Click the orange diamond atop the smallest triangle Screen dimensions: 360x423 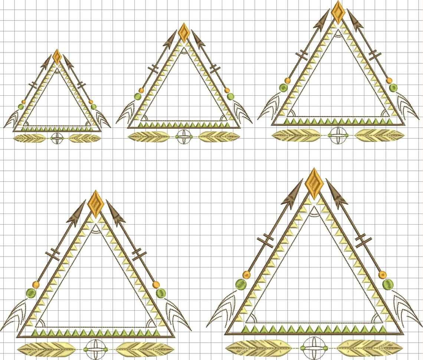[57, 56]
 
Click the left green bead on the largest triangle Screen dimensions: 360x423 [241, 284]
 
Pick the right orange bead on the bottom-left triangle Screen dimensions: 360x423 [156, 285]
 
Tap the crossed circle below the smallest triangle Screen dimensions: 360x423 [57, 138]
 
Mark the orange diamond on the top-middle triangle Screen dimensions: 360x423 [183, 33]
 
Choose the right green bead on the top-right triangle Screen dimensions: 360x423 [393, 88]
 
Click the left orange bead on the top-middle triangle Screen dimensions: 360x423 [141, 90]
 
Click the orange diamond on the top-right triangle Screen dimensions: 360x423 [338, 12]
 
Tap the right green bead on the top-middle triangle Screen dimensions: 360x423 [230, 96]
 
